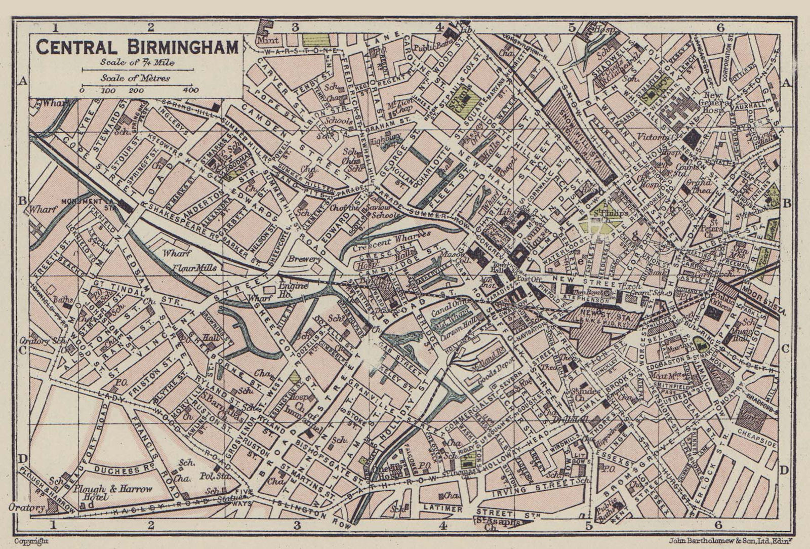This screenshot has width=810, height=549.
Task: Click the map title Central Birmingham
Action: pyautogui.click(x=137, y=47)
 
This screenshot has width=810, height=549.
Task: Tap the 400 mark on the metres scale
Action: pyautogui.click(x=191, y=91)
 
